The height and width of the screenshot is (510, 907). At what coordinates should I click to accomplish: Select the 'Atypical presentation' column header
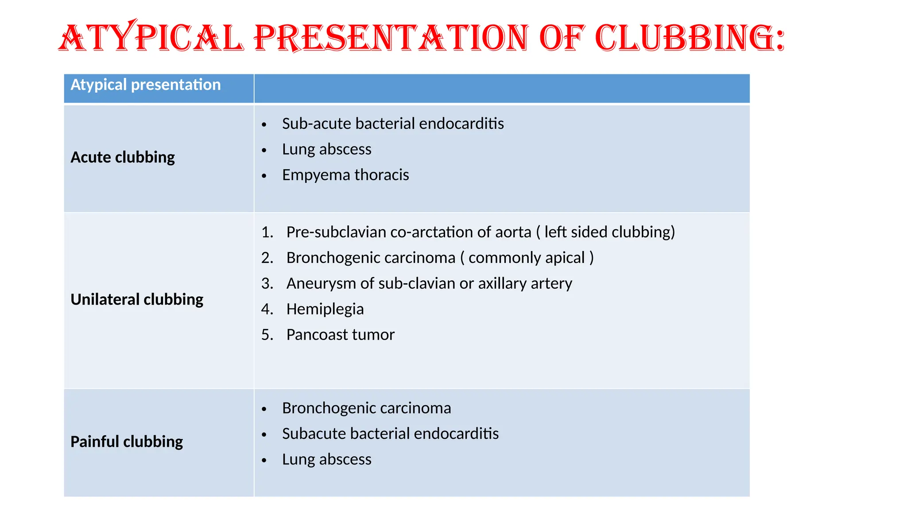tap(145, 85)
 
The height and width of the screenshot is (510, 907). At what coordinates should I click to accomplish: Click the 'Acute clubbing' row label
tap(123, 157)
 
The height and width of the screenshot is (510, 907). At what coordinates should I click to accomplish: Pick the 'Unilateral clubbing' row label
tap(137, 299)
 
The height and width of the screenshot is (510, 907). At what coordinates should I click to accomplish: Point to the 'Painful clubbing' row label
tap(127, 441)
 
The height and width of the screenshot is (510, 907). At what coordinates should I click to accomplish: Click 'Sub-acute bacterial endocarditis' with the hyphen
tap(393, 124)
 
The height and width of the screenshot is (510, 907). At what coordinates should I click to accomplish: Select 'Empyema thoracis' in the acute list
tap(345, 175)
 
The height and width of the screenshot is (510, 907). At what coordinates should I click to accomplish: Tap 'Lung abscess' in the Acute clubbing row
tap(327, 149)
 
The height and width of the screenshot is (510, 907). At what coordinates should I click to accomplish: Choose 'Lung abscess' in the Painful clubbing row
tap(327, 460)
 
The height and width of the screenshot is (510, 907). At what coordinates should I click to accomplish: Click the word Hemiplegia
tap(325, 309)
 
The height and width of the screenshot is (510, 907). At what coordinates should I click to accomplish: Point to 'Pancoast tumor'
tap(340, 335)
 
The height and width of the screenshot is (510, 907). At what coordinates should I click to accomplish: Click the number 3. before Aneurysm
tap(267, 283)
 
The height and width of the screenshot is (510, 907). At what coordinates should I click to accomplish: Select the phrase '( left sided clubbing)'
tap(605, 232)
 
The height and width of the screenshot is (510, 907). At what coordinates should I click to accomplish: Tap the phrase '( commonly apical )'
tap(527, 258)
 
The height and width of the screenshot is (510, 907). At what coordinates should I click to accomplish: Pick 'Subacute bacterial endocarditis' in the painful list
tap(390, 434)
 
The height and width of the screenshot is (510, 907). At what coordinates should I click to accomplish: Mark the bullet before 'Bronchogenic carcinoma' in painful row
tap(264, 410)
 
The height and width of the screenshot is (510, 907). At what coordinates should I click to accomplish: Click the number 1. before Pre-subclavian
tap(267, 232)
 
